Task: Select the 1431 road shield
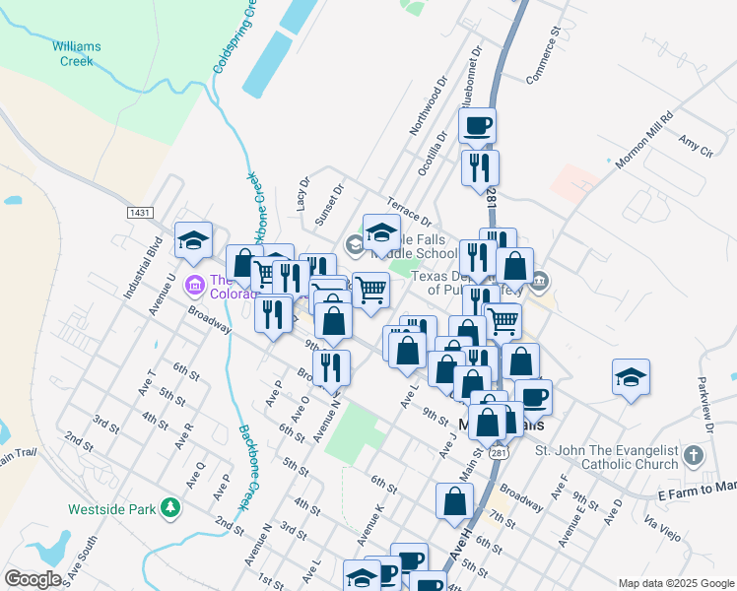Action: pos(140,212)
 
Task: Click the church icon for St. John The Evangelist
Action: pos(695,456)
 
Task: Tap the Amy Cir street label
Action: pos(696,144)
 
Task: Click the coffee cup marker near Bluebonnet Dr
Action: pos(478,126)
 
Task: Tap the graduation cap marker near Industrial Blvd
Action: pos(194,239)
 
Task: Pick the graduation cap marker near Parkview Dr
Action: pos(631,377)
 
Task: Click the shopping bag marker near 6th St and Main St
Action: pos(454,499)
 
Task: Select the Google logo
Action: pos(33,578)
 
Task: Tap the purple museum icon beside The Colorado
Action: pos(195,285)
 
